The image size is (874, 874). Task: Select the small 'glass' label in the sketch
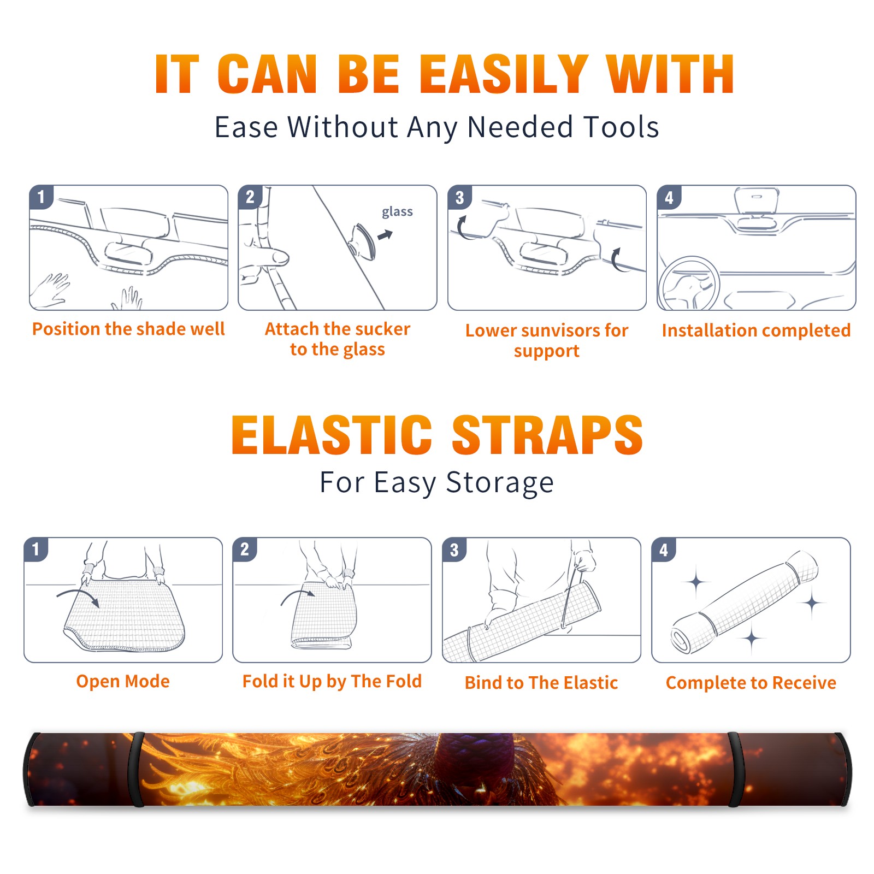397,212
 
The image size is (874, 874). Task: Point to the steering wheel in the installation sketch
688,283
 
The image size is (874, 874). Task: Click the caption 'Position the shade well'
128,329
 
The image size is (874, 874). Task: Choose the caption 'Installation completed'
756,330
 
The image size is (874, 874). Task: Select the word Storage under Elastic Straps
500,483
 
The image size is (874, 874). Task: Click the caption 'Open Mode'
123,681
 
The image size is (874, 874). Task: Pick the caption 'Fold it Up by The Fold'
332,681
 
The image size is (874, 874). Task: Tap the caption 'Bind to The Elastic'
541,683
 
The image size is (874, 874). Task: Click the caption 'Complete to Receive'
751,683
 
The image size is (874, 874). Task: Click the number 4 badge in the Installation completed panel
669,197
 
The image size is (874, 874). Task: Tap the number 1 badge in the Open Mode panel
36,549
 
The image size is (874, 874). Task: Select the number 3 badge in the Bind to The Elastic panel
454,550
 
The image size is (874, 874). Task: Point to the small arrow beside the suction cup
386,235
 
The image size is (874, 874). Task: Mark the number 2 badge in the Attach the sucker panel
250,197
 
